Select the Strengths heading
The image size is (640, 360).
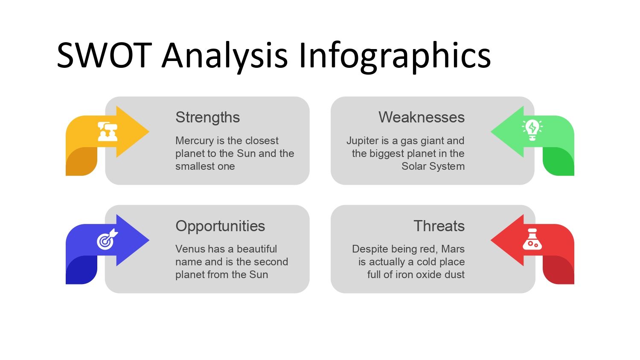208,117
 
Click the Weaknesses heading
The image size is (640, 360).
422,117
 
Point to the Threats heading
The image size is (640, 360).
439,226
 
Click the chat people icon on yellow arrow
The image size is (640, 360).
108,131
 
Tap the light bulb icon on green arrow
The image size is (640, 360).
532,130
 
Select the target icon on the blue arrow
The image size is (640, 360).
107,239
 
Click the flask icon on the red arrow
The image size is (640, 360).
532,239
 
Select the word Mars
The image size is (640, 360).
453,249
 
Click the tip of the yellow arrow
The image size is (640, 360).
149,131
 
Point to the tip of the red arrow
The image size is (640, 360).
491,240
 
